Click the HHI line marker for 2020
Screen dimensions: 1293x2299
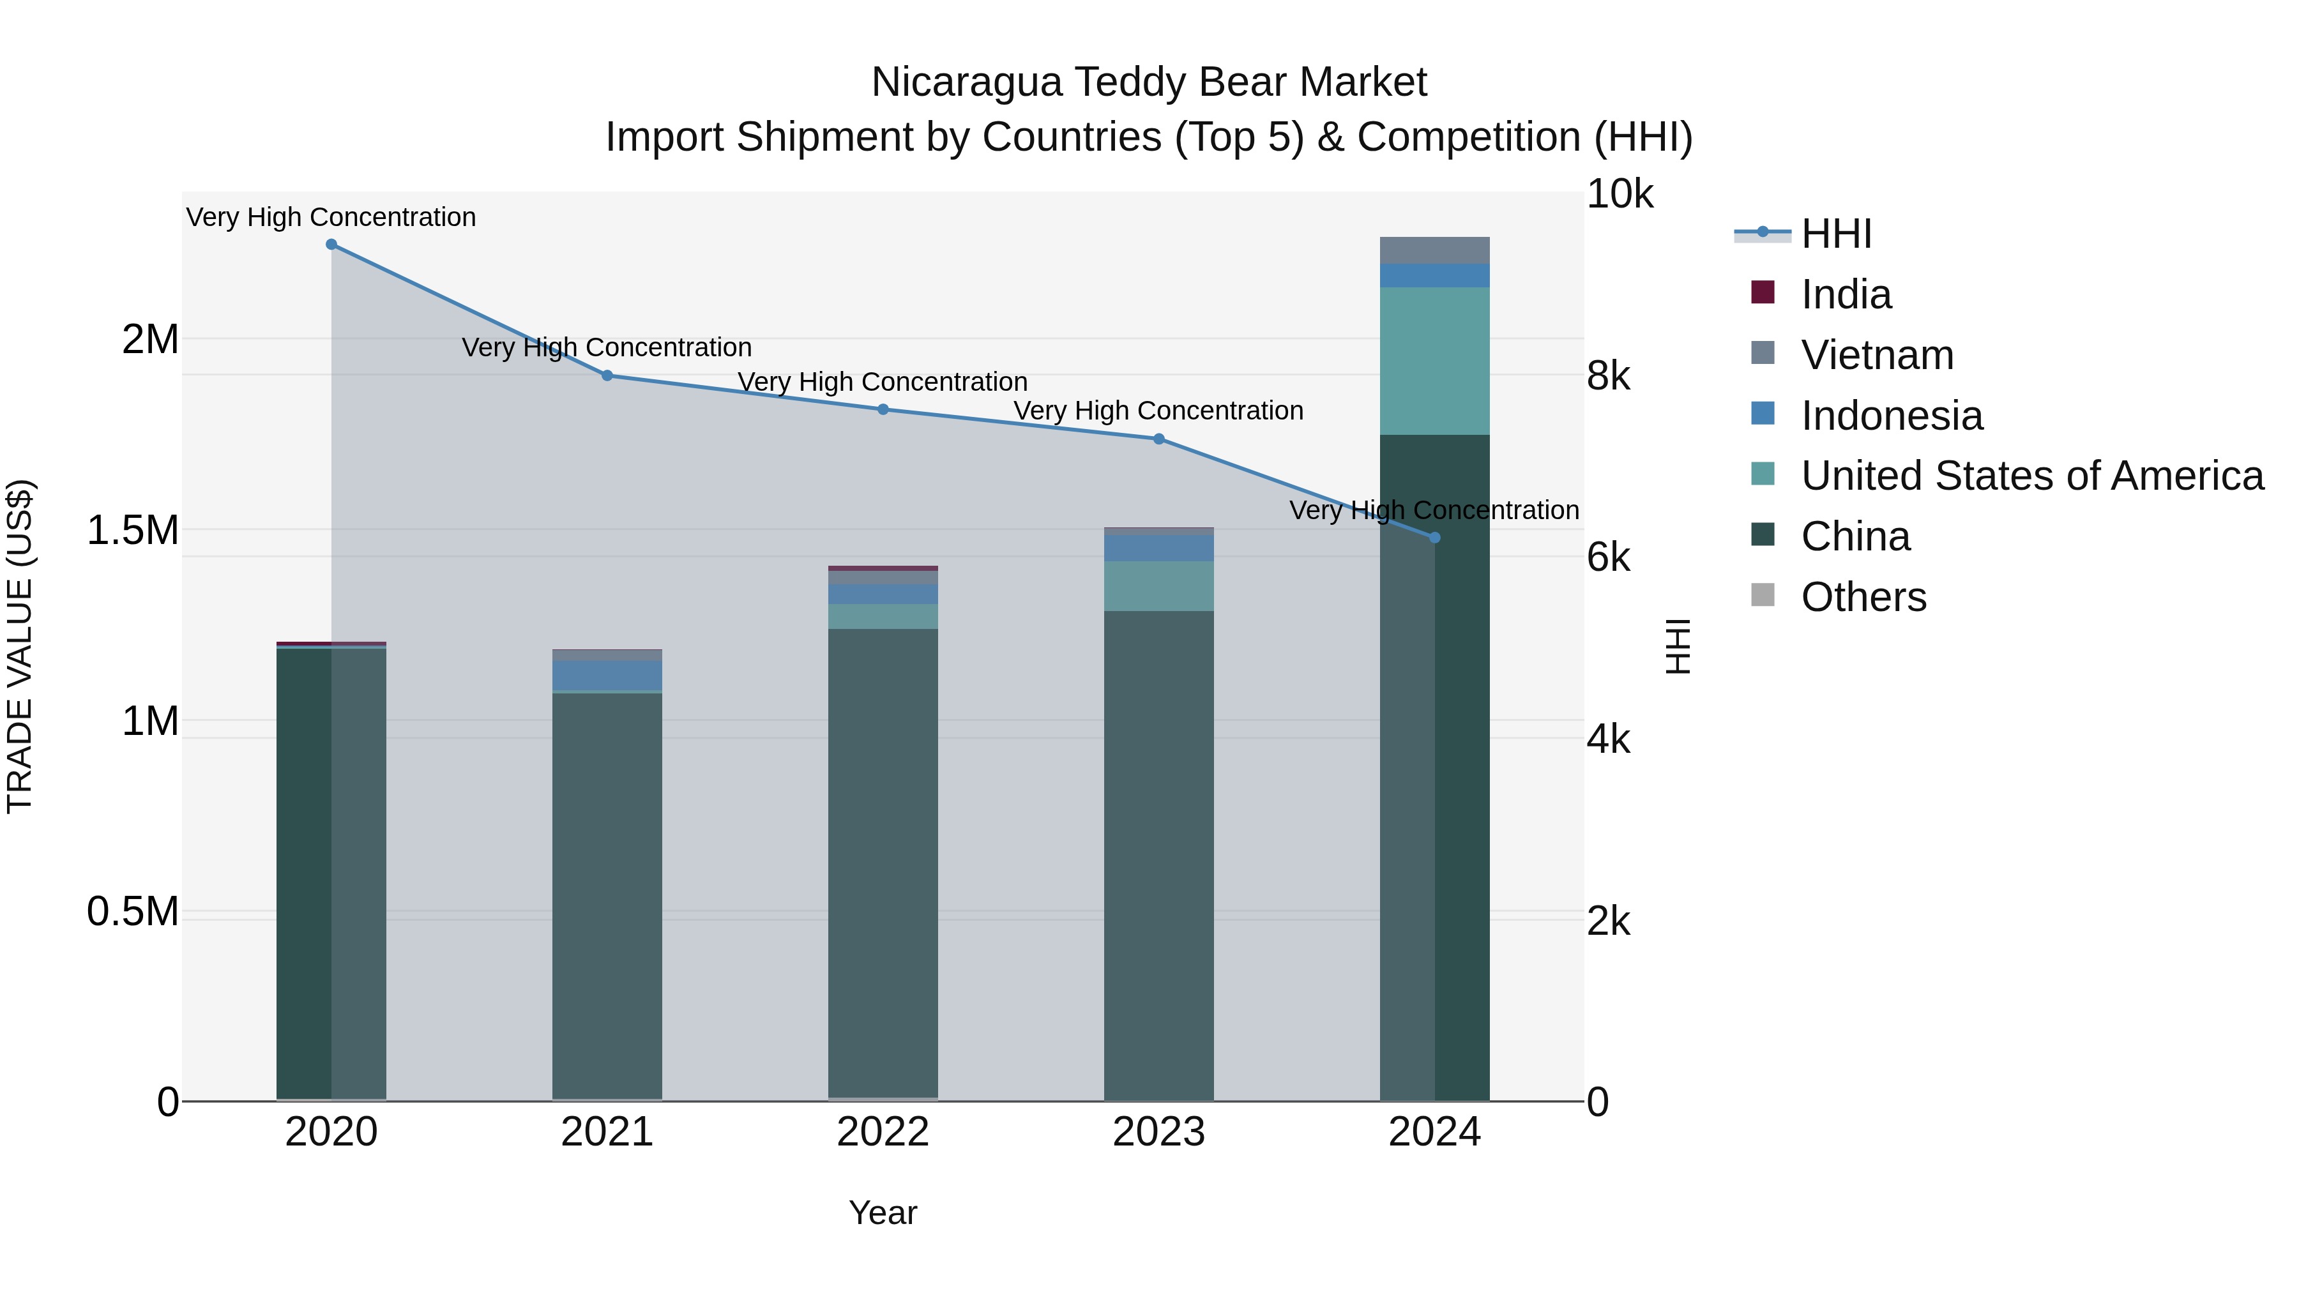click(331, 245)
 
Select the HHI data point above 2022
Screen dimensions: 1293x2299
click(883, 409)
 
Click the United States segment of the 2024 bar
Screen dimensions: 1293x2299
click(1434, 361)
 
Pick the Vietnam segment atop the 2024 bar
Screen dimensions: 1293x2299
click(1434, 251)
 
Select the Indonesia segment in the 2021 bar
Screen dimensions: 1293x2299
click(607, 675)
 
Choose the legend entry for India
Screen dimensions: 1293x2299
click(1845, 294)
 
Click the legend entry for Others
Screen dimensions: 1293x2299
click(1863, 597)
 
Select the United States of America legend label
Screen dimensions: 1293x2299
click(2031, 476)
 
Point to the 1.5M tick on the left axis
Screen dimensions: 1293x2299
click(132, 530)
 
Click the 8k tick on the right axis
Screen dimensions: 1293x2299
click(1608, 377)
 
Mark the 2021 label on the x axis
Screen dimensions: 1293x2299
click(607, 1132)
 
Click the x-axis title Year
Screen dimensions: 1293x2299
click(883, 1213)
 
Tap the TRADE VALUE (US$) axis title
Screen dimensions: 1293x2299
click(20, 646)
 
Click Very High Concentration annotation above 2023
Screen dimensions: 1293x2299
click(1158, 411)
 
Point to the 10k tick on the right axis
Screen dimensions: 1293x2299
click(1620, 195)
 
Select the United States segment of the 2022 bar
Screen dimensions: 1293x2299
click(883, 617)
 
